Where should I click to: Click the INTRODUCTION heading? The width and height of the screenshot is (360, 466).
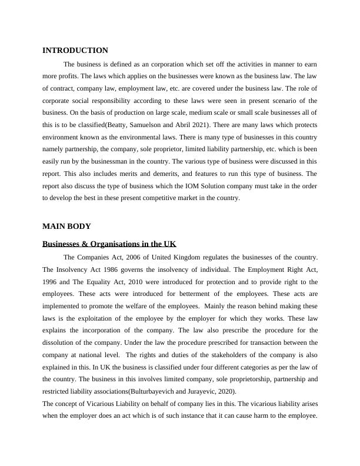click(75, 51)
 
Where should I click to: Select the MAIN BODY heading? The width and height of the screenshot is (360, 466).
click(66, 226)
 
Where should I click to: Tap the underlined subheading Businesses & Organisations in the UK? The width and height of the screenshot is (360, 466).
click(109, 244)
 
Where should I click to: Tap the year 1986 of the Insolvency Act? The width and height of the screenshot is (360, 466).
click(108, 269)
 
